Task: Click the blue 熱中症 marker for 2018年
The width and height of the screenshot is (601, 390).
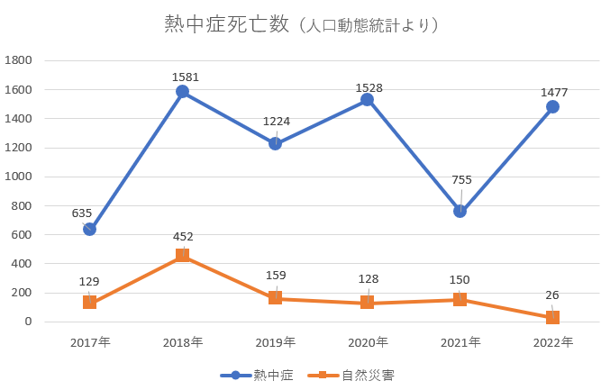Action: pos(182,92)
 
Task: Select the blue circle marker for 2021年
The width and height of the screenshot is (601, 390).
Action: pos(460,212)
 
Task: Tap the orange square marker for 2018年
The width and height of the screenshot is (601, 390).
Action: pos(182,256)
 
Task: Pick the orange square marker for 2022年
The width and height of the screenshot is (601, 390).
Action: pos(552,317)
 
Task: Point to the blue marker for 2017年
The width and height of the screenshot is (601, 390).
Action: pos(89,229)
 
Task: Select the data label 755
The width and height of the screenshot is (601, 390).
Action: pos(460,180)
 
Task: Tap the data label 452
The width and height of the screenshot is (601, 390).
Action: pos(183,237)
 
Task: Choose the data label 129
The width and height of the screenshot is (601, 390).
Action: pos(89,282)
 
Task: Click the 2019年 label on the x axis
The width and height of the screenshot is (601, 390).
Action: pos(275,342)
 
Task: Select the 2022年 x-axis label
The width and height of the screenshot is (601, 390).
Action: pos(552,342)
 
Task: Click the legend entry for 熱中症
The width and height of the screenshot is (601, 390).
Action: pos(257,375)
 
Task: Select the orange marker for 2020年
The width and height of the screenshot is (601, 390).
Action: pos(367,303)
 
